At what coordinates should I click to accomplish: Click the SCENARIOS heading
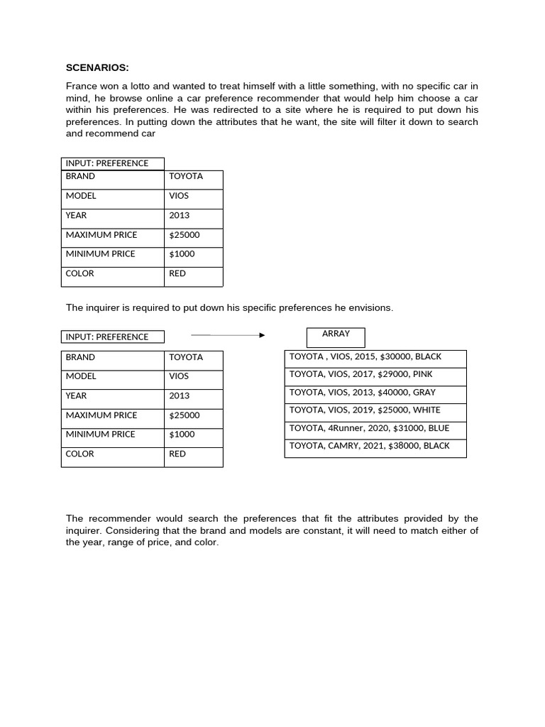pos(97,67)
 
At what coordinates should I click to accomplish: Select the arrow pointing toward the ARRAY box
pos(228,335)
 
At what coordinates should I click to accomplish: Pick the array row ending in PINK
pos(375,374)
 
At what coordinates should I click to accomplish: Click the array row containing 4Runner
pos(375,428)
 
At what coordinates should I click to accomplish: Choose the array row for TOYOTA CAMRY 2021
pos(375,446)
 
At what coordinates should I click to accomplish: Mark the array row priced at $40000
pos(375,392)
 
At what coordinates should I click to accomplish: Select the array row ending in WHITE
pos(375,410)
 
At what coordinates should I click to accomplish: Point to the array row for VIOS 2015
pos(375,356)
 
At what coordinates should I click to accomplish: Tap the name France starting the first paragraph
pos(81,86)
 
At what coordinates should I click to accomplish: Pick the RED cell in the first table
pos(177,273)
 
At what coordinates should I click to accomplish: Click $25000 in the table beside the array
pos(185,415)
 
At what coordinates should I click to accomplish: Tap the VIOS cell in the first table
pos(179,196)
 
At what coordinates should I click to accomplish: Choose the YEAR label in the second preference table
pos(77,396)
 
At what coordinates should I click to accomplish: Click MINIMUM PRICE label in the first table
pos(100,254)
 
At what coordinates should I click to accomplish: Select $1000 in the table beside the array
pos(182,434)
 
